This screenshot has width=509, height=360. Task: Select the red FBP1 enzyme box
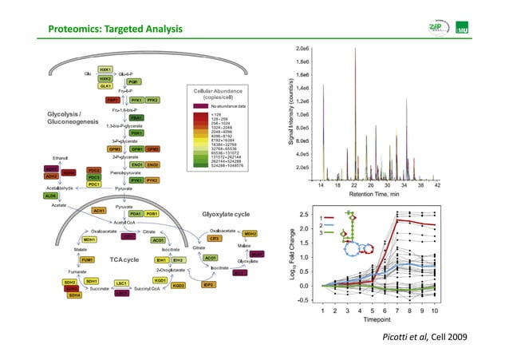point(113,101)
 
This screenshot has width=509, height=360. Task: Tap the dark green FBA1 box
point(136,117)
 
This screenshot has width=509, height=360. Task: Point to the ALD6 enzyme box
point(51,196)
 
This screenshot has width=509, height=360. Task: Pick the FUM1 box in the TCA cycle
point(65,260)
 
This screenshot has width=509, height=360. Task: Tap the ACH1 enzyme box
point(100,210)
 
